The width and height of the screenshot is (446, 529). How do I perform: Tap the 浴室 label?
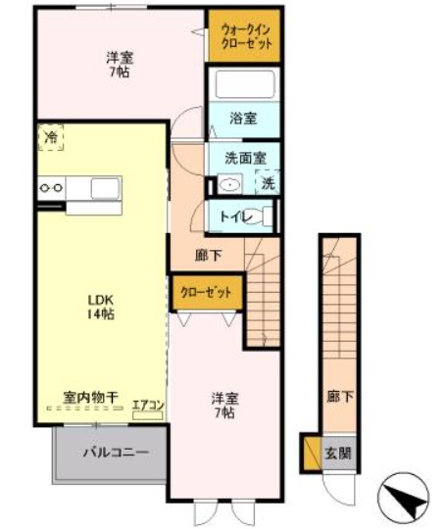coord(243,119)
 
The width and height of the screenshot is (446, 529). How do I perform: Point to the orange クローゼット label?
coord(206,292)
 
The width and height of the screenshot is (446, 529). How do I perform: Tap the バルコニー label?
coord(115,454)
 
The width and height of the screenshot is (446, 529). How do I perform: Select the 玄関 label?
coord(338,455)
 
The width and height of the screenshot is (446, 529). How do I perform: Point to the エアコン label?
coord(147,402)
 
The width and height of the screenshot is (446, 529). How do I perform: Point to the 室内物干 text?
coord(90,398)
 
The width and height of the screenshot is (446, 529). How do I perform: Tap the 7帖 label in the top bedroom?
coord(121,73)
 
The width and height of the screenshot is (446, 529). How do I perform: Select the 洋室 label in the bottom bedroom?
coord(224,398)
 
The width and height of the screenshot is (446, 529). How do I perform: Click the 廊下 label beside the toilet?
coord(207,256)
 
